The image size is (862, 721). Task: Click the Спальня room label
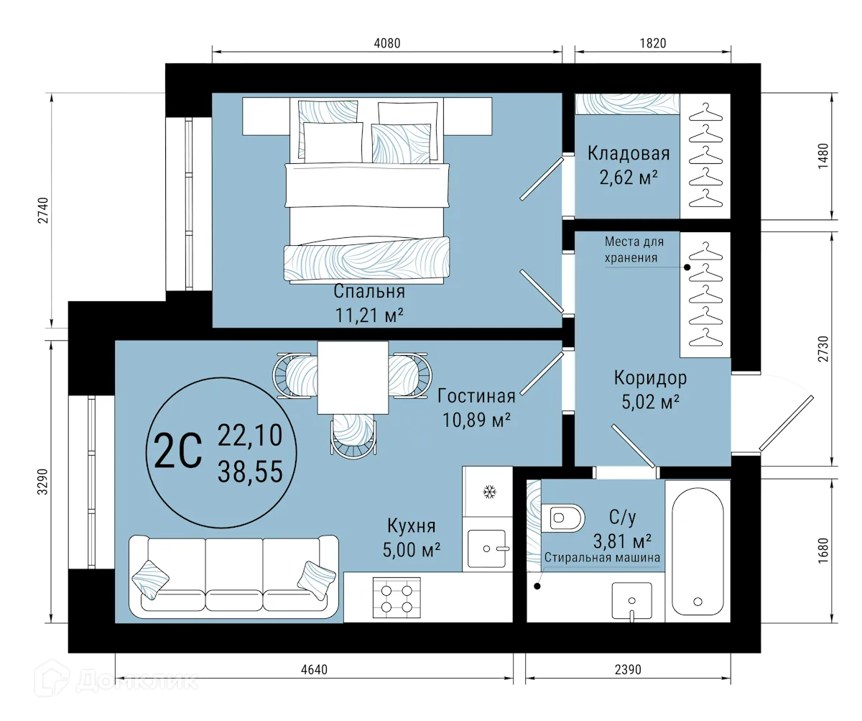(369, 291)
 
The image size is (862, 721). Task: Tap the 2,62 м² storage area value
(629, 177)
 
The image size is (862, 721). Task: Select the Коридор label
(649, 377)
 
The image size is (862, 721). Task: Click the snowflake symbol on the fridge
(489, 492)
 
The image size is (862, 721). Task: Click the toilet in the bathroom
(565, 517)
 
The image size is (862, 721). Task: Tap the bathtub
(697, 550)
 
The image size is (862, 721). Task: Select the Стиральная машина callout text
(602, 557)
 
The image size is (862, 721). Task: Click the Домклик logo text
(136, 679)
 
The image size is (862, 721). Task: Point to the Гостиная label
(476, 396)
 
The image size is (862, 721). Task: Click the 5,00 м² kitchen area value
(412, 550)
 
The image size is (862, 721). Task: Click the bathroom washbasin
(631, 600)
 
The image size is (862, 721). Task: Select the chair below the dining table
(353, 436)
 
